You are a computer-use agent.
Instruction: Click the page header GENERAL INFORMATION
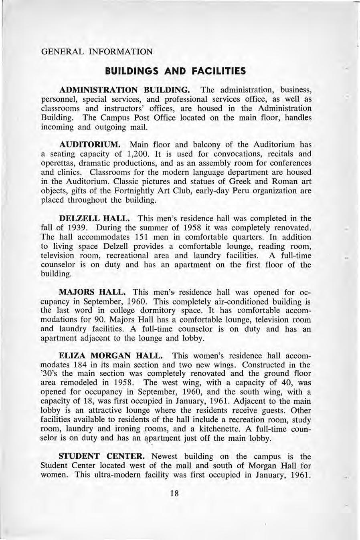tap(97, 52)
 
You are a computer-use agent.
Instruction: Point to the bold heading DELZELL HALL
tap(94, 219)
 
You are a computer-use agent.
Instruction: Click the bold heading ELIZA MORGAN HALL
tap(111, 356)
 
